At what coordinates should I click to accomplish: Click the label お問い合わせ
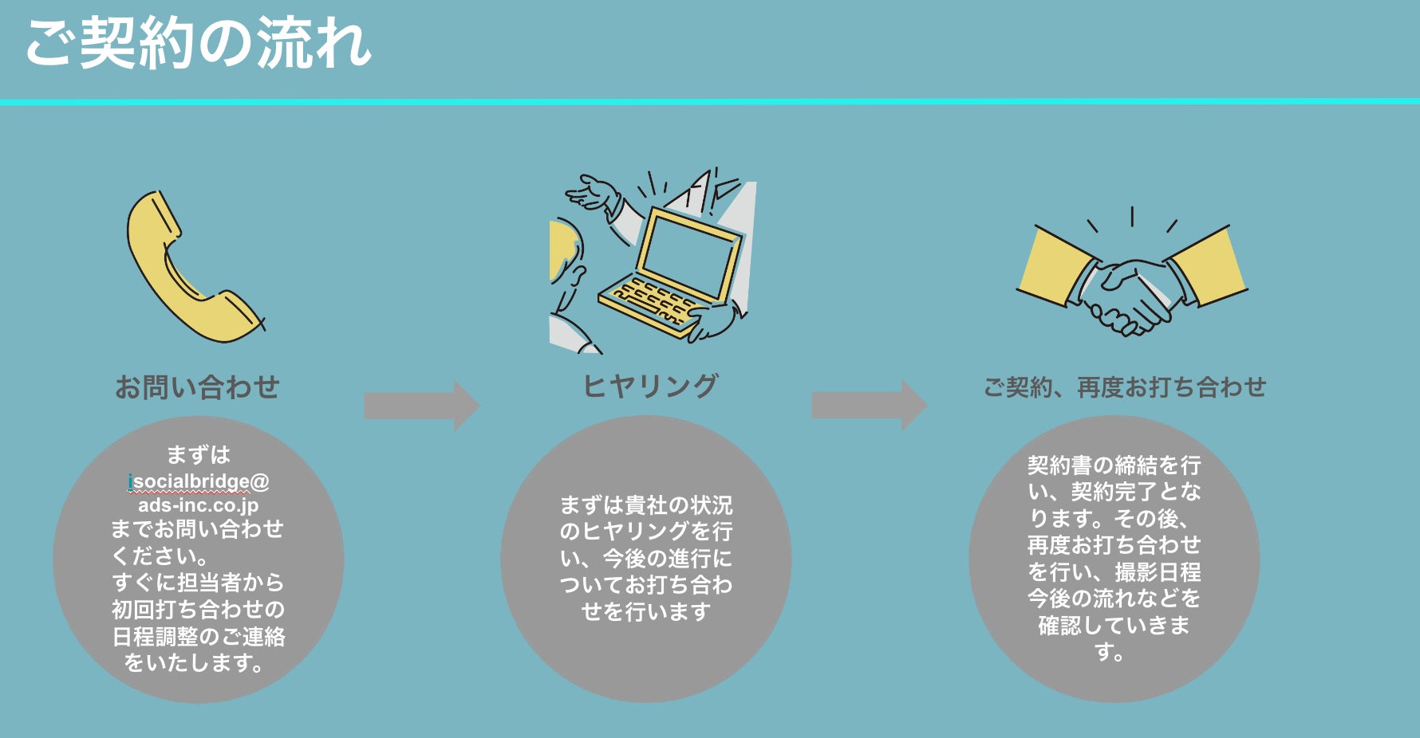point(198,387)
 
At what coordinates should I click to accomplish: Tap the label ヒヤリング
point(650,387)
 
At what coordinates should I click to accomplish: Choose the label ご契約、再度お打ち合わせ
point(1124,387)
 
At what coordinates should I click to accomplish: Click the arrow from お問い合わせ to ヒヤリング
point(421,406)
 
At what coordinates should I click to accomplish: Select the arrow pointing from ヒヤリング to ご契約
point(869,406)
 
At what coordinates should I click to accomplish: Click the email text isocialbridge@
point(199,481)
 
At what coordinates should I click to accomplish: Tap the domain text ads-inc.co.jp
point(199,504)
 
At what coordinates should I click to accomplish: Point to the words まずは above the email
point(199,455)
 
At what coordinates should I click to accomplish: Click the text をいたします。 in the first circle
point(194,662)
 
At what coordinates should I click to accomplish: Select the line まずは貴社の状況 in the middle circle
point(645,505)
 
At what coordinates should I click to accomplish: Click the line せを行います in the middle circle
point(645,611)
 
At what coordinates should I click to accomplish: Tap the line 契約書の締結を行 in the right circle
point(1114,465)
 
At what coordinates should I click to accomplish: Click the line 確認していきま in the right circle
point(1114,625)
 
